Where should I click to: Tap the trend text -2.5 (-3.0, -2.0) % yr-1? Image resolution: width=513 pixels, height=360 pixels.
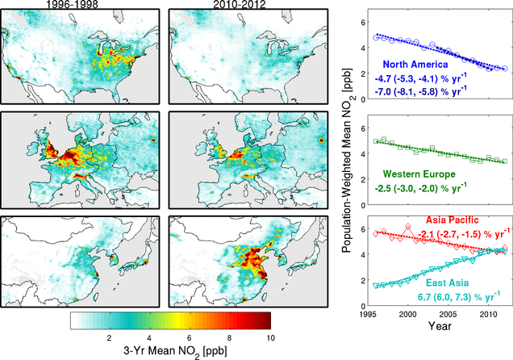pos(423,187)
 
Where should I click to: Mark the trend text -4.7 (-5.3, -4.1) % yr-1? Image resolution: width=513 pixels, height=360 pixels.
pos(423,79)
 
